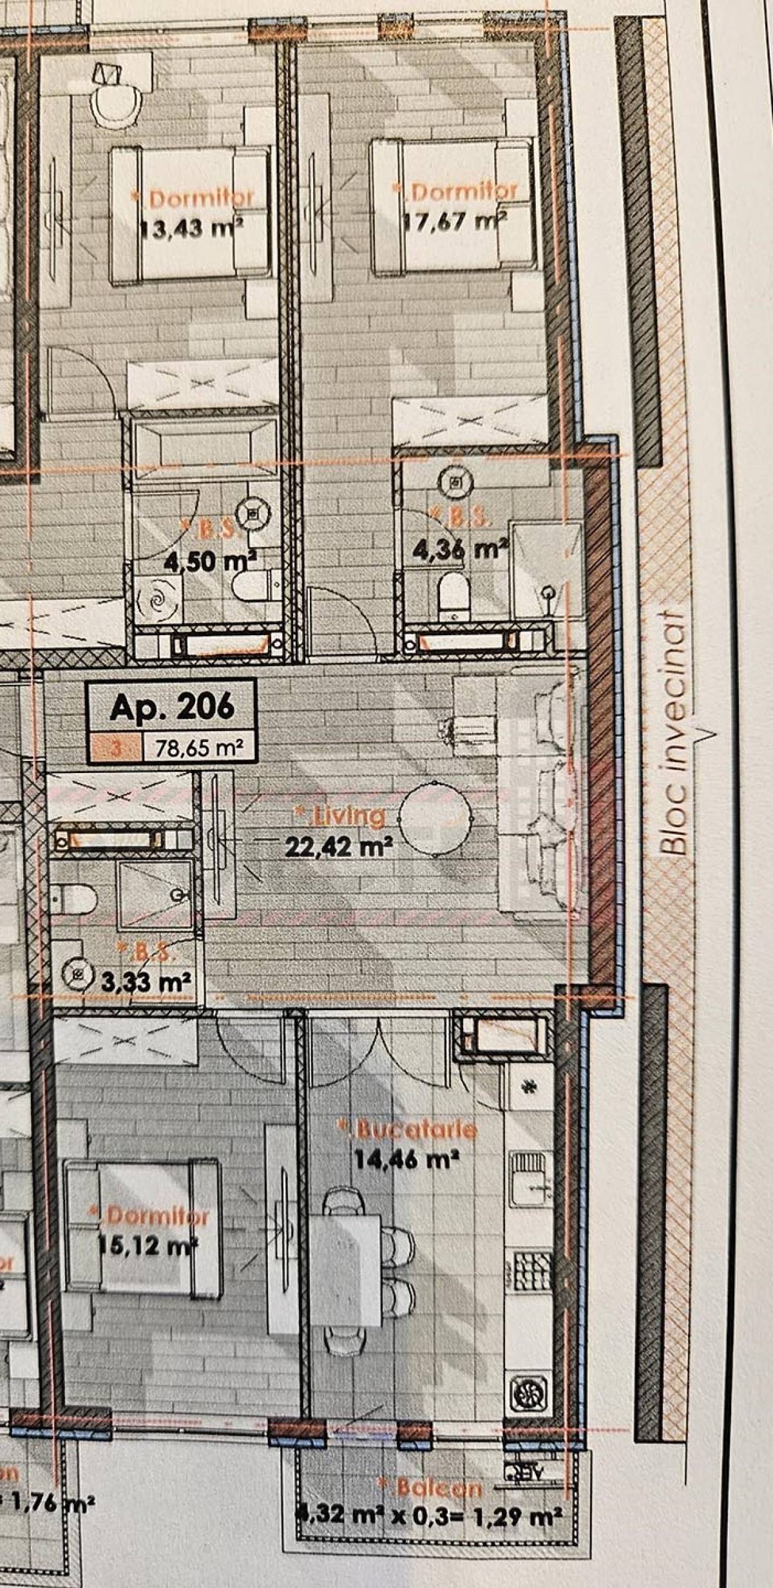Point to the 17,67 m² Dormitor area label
coord(455,222)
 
